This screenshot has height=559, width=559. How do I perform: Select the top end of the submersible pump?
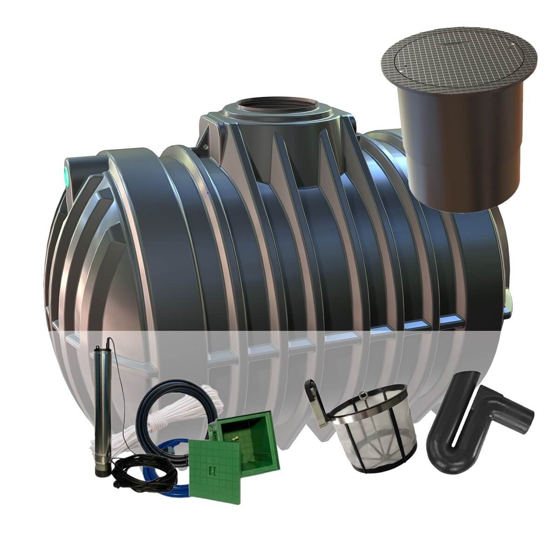pyautogui.click(x=101, y=347)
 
